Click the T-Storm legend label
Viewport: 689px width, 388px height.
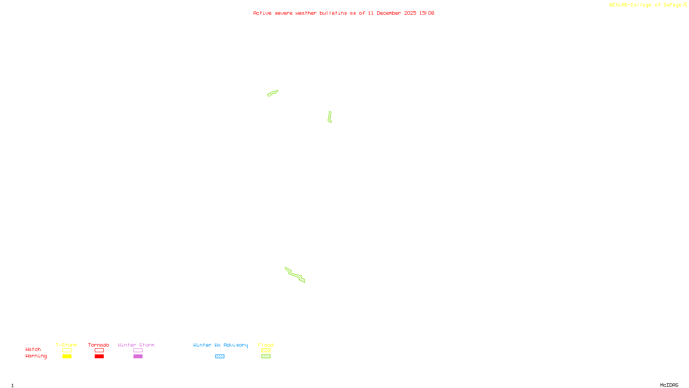[66, 345]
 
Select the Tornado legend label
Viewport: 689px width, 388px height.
[99, 345]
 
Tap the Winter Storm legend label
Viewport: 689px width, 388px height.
[136, 345]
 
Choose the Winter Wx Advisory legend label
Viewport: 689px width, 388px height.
[220, 345]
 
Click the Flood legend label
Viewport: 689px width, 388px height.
[266, 345]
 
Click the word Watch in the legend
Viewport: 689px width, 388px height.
[33, 349]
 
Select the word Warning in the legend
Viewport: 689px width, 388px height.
[36, 356]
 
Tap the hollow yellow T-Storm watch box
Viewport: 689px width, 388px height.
[67, 350]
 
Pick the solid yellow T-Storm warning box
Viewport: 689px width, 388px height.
[67, 357]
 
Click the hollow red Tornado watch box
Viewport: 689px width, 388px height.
[99, 350]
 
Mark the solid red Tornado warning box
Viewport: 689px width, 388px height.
[99, 357]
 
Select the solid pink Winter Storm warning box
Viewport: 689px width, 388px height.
[138, 357]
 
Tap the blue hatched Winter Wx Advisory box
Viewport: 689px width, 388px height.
[220, 357]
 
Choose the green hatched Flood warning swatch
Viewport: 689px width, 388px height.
[266, 357]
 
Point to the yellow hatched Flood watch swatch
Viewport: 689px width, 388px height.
[266, 350]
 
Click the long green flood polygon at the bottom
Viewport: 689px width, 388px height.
[295, 275]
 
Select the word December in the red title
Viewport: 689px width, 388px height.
[389, 13]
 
